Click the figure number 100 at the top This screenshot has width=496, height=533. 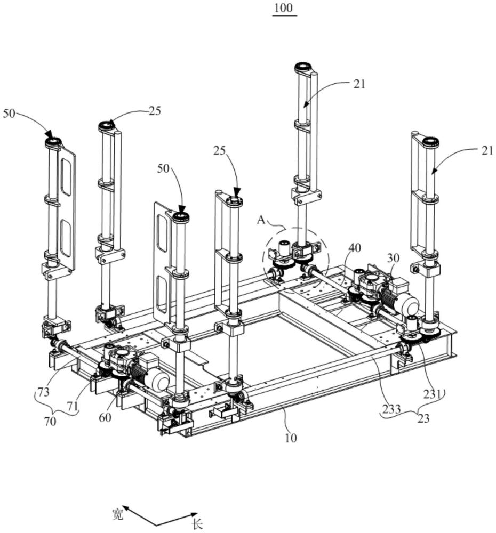(x=283, y=7)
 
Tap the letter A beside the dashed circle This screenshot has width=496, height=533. (x=261, y=220)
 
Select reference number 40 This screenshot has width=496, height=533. (x=355, y=248)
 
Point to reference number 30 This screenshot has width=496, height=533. (x=393, y=258)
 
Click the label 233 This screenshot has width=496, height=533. (x=391, y=408)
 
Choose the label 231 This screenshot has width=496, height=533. (x=432, y=394)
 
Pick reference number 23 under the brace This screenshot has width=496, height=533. (x=423, y=418)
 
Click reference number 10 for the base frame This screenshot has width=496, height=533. (x=291, y=438)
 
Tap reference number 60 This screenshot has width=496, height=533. (x=105, y=417)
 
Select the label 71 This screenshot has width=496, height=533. (x=72, y=406)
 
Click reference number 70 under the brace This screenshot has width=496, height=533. (x=50, y=421)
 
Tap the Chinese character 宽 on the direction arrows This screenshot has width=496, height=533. (x=117, y=514)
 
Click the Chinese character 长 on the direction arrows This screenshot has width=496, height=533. (x=197, y=524)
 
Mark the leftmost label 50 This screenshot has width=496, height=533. (x=9, y=113)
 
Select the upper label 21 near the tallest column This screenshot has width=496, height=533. (x=359, y=84)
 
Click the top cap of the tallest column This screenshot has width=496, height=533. (x=303, y=67)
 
